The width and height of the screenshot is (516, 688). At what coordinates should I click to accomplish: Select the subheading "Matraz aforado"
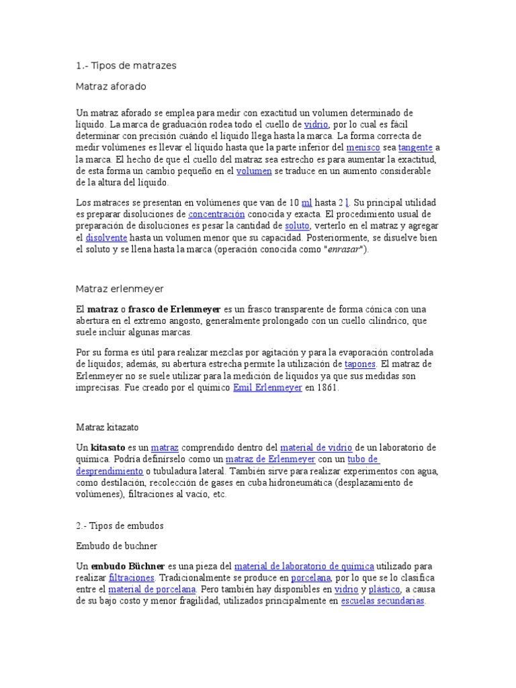point(111,87)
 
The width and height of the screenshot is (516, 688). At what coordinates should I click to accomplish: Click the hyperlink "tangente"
point(415,147)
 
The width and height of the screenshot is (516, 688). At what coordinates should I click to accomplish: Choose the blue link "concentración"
point(216,214)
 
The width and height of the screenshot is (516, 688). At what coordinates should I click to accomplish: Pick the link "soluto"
point(296,226)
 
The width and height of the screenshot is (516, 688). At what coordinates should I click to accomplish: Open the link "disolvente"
point(106,238)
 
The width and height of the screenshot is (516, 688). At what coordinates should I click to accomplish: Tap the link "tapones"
point(359,364)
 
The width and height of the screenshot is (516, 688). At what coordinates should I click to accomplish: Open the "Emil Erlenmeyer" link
point(267,388)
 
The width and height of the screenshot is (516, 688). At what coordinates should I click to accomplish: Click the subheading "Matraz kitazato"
point(107,427)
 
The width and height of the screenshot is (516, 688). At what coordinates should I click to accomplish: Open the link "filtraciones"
point(131,578)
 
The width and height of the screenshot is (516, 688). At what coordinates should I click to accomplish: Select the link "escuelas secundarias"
point(382,602)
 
